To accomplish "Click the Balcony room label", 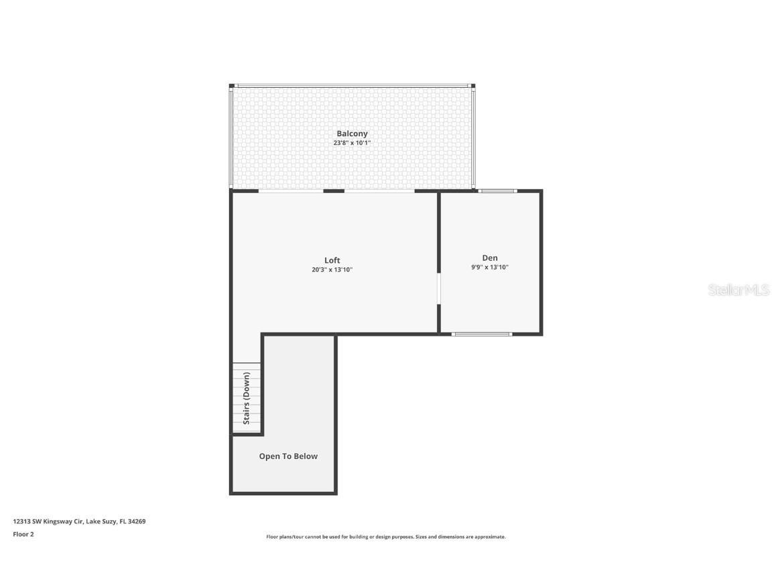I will coord(352,133).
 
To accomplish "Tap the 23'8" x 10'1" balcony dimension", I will coord(352,143).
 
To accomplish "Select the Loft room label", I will coord(332,260).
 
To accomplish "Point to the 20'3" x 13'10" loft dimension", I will coord(332,270).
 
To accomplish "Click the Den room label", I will coord(490,257).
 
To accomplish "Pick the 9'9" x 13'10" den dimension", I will coord(490,267).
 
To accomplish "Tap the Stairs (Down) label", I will coord(247,398).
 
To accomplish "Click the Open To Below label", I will coord(288,456).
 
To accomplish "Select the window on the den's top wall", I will coord(497,191).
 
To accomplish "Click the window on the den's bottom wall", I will coord(482,334).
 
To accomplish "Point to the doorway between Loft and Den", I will coord(439,289).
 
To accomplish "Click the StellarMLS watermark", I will coord(739,289).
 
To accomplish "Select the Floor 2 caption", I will coord(23,534).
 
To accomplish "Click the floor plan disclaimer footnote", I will coord(385,537).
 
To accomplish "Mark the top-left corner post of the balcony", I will coord(232,86).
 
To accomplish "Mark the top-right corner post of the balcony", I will coord(472,86).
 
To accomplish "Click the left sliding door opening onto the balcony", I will coord(291,191).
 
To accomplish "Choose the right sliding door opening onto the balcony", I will coord(379,191).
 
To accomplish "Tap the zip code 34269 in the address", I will coord(137,521).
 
